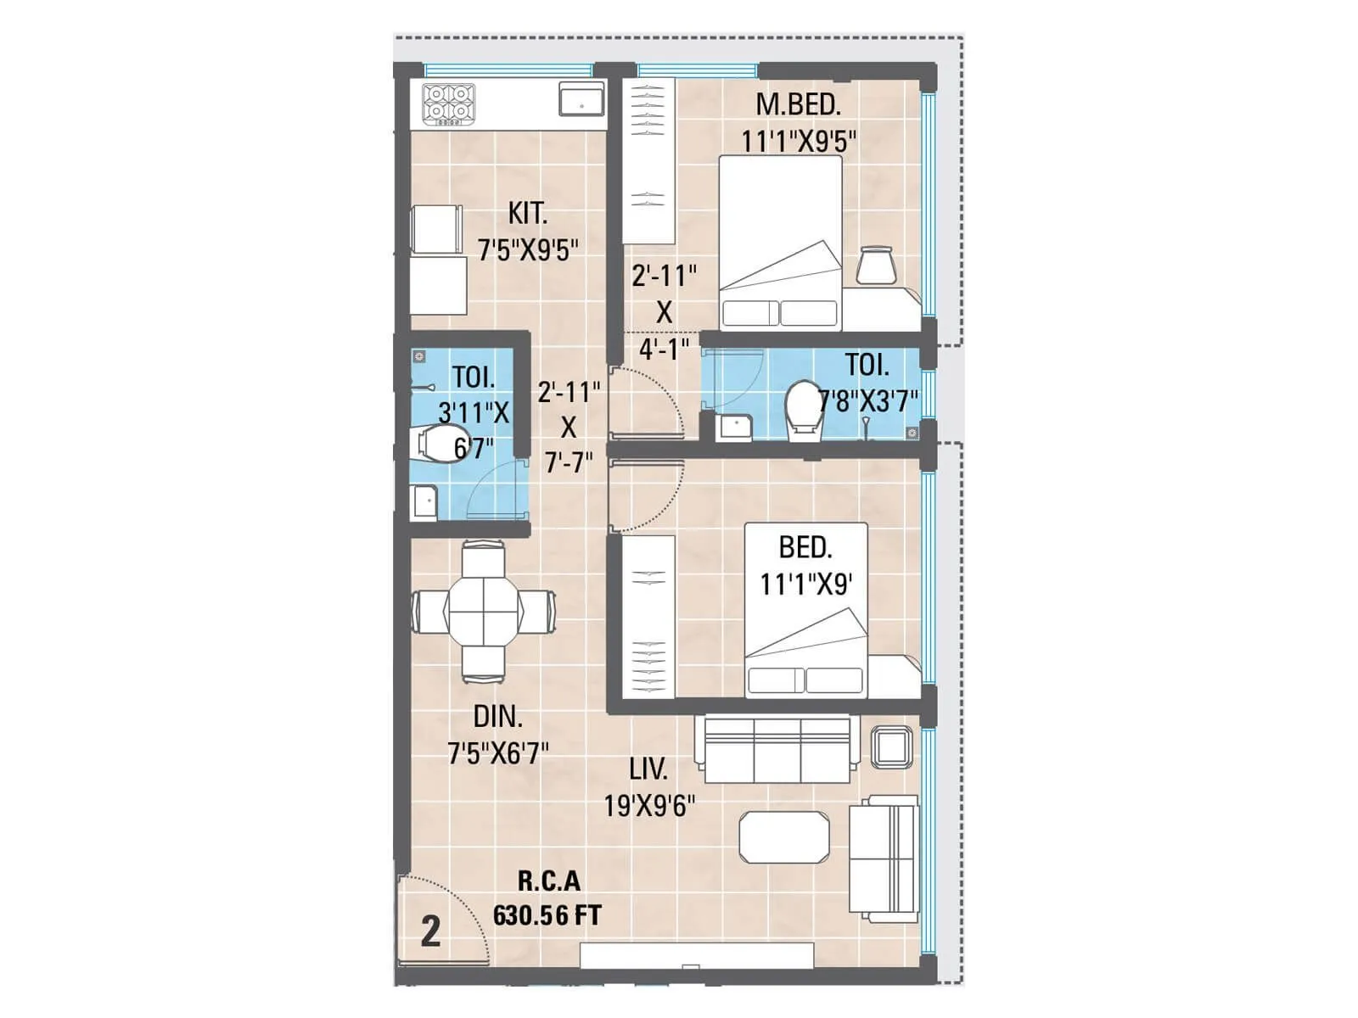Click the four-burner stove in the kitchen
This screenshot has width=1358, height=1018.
(x=448, y=104)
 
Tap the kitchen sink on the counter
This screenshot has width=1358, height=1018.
(x=581, y=99)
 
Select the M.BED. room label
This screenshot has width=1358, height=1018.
(x=798, y=105)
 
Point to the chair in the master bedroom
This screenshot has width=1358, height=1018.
(x=876, y=265)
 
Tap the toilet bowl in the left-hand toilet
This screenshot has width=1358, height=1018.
(x=436, y=444)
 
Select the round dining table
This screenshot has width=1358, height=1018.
(x=483, y=612)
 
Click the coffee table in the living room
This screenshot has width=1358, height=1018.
(x=783, y=837)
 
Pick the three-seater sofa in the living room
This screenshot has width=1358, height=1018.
(x=773, y=749)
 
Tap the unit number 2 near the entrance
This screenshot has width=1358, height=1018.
(x=431, y=931)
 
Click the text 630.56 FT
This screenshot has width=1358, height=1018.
(x=547, y=916)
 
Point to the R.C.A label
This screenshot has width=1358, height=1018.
(x=549, y=881)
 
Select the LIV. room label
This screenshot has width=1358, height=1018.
(x=648, y=769)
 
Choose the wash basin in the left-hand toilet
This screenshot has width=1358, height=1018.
(x=423, y=502)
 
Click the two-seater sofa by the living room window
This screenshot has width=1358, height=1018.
(x=884, y=858)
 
